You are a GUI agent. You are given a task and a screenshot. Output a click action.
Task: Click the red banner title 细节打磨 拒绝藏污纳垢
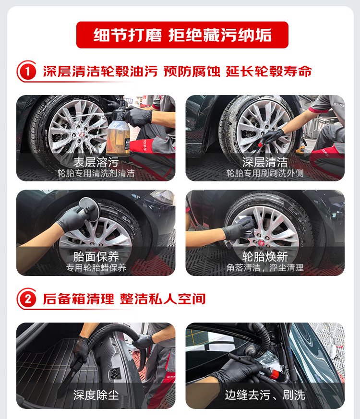click(x=182, y=35)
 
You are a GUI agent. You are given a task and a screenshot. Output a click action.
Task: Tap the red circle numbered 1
click(x=27, y=72)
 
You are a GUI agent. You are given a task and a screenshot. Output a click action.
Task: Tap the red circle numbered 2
click(x=27, y=299)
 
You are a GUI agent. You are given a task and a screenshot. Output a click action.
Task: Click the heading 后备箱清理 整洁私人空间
click(x=124, y=299)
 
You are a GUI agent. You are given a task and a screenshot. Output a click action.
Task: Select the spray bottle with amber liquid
click(x=118, y=131)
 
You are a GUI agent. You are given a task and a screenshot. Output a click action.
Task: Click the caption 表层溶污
click(x=96, y=162)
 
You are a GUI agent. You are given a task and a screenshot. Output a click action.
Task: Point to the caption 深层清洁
click(x=265, y=162)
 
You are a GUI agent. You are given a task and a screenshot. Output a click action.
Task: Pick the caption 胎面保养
click(x=96, y=257)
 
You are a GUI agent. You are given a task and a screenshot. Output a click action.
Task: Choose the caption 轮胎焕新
click(x=265, y=257)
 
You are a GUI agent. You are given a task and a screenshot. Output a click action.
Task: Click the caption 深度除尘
click(x=96, y=395)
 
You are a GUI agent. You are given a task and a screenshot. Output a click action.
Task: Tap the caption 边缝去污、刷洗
click(x=265, y=395)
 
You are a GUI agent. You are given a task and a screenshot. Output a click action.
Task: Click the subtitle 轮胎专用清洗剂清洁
click(x=96, y=173)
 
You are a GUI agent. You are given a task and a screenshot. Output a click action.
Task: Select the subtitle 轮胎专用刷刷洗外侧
click(x=265, y=173)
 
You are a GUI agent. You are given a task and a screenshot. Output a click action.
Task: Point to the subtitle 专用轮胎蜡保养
click(x=96, y=267)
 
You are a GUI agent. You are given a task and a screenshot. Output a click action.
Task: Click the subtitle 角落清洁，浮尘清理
click(x=265, y=267)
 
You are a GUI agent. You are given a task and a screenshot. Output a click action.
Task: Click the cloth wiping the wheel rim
click(x=244, y=227)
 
